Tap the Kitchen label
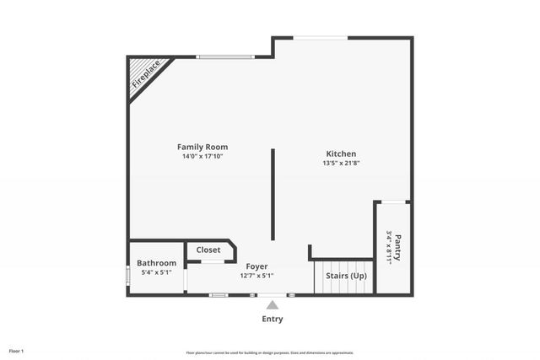coord(341,153)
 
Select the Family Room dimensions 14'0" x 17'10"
coord(202,156)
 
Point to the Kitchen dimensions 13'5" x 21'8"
coord(341,163)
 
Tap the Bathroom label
coord(156,263)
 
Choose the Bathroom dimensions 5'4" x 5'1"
coord(156,272)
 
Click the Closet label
coord(208,250)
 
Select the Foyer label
coord(256,266)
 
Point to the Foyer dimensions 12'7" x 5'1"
coord(256,276)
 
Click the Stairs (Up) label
coord(346,275)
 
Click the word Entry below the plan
coord(272,319)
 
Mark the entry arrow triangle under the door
coord(272,304)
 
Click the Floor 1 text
coord(16,351)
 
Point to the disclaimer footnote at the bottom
coord(269,352)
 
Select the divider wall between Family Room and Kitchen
coord(272,194)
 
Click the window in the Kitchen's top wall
coord(321,37)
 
